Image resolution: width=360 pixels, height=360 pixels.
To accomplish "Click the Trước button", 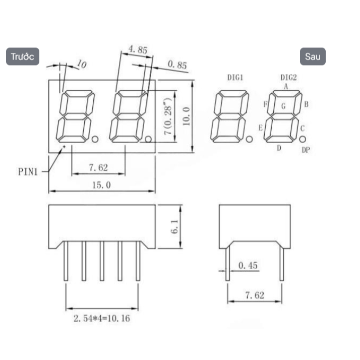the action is tap(23, 56).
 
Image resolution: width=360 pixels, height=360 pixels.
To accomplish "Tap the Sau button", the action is tap(313, 56).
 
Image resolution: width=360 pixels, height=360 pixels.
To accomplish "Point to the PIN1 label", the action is tap(28, 172).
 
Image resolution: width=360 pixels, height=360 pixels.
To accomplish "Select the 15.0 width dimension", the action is tap(101, 185).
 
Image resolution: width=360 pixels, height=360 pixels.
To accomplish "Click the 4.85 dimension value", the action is tap(138, 49).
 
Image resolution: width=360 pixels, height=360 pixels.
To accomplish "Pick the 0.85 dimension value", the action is tap(177, 65).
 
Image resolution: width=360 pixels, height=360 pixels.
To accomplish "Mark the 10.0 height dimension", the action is tap(187, 116).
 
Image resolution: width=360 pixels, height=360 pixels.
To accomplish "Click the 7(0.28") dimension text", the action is tap(168, 116).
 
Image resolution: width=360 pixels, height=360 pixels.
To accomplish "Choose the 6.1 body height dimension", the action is tap(174, 226).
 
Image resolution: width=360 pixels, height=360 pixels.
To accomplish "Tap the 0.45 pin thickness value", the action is tap(248, 265).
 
